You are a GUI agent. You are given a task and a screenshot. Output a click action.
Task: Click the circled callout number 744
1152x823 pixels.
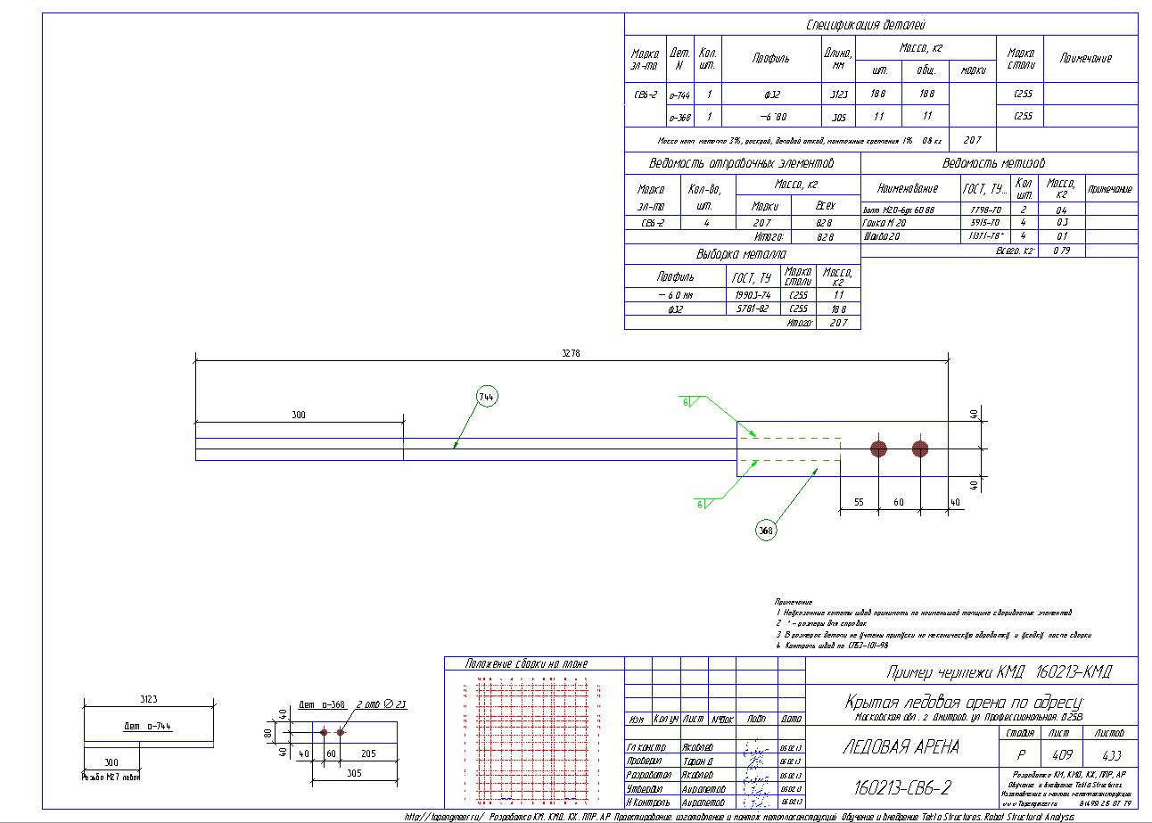(x=486, y=397)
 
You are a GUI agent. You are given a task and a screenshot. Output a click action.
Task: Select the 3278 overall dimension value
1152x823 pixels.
(x=571, y=354)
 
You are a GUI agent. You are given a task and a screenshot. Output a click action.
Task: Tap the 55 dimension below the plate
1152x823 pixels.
(x=859, y=503)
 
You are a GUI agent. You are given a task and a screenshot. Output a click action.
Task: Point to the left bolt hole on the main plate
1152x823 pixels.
(x=879, y=448)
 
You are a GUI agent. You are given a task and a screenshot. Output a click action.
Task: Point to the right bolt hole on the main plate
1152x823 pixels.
(x=920, y=448)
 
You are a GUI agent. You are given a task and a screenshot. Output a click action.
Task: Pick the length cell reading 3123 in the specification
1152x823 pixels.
(x=838, y=93)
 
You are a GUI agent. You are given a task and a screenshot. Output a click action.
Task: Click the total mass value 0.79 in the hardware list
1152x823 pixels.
(x=1061, y=251)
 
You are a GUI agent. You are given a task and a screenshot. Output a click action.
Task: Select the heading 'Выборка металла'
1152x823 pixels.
(x=742, y=254)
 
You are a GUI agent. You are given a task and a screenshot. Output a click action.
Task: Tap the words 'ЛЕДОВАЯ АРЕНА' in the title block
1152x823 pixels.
(x=901, y=747)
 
